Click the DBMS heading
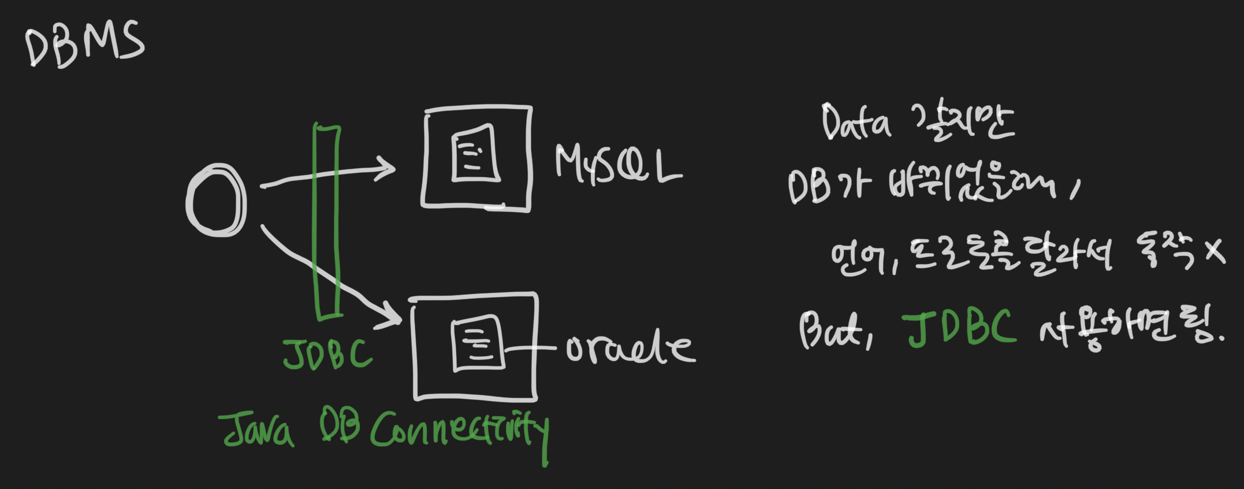tap(84, 44)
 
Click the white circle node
tap(216, 200)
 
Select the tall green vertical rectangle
tap(327, 221)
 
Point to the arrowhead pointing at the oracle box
tap(393, 317)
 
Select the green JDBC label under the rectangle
tap(327, 354)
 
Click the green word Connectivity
tap(459, 432)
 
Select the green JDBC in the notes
tap(959, 328)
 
